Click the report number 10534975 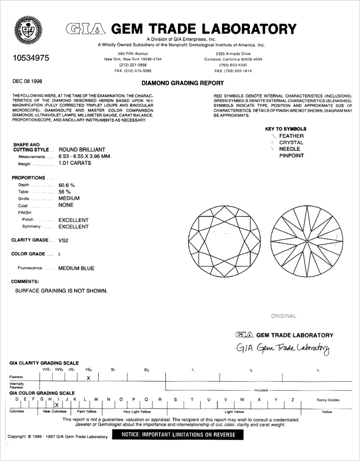point(28,58)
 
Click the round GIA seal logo point(28,30)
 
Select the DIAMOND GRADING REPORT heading point(183,83)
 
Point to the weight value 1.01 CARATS point(75,163)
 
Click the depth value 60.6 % point(66,185)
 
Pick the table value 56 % point(64,192)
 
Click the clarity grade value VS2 point(63,240)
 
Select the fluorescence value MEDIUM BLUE point(76,268)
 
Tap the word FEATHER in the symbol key point(291,136)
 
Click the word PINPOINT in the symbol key point(291,156)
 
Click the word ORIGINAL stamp point(283,316)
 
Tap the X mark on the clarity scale point(88,378)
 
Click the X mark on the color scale point(56,405)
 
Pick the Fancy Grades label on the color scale point(328,400)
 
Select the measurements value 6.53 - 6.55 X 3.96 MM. point(85,156)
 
